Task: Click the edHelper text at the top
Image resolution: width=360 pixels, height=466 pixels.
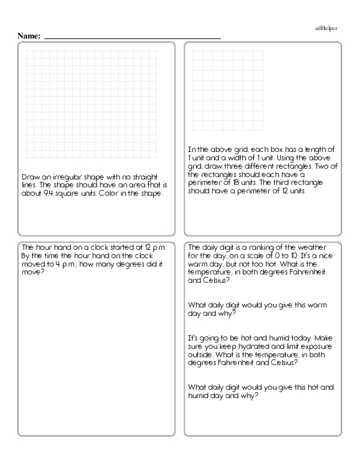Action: pyautogui.click(x=326, y=28)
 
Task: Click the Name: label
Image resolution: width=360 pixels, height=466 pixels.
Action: pyautogui.click(x=29, y=36)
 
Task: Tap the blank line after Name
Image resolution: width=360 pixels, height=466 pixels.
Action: pyautogui.click(x=133, y=37)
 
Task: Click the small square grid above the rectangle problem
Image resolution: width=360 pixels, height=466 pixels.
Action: pyautogui.click(x=229, y=91)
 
